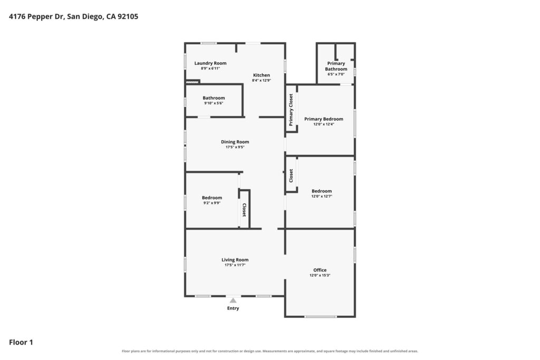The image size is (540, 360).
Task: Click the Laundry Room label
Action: coord(210,63)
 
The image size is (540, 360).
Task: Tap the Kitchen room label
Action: coord(262,75)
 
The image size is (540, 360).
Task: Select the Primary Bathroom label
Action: coord(336,66)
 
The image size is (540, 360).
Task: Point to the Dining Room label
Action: coord(235,142)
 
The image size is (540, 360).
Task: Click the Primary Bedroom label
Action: coord(324,119)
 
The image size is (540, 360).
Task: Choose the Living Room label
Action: coord(235,260)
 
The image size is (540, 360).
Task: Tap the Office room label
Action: coord(320,270)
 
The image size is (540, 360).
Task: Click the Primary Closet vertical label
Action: coord(291,110)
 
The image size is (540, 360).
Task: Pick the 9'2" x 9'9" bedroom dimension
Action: coord(212,203)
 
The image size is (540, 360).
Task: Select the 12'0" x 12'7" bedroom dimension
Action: coord(322,196)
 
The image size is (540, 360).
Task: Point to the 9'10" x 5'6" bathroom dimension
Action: coord(214,103)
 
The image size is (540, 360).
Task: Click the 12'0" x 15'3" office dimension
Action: coord(320,275)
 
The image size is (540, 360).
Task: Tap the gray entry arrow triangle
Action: coord(233,300)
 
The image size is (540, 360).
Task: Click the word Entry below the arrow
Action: coord(233,308)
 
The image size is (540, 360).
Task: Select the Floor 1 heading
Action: coord(21,342)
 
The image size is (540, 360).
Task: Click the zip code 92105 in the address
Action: coord(128,16)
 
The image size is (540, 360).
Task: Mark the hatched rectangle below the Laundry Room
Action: coord(193,82)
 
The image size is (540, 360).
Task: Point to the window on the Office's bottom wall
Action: coord(321,316)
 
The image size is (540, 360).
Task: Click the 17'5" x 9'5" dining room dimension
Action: coord(235,147)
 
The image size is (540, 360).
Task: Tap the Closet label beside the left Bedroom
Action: coord(244,210)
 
